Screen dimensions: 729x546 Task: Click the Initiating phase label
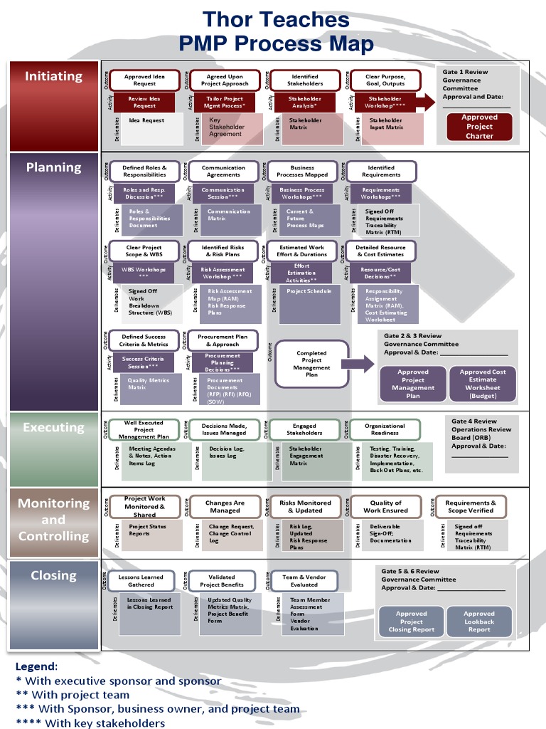coord(53,76)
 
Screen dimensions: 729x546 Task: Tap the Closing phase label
coord(53,575)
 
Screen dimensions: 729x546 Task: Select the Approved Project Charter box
coord(479,127)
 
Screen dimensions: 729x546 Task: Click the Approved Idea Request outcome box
coord(144,80)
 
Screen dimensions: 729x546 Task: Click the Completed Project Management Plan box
coord(311,364)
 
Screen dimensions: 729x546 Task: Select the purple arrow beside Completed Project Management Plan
coord(363,364)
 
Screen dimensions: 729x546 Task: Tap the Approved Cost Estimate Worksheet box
coord(483,384)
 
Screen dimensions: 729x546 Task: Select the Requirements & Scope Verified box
coord(471,507)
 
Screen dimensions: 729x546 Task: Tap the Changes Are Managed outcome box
coord(225,507)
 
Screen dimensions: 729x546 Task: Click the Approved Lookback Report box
coord(478,622)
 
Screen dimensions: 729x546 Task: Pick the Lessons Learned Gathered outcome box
coord(144,581)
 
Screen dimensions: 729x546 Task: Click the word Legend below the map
coord(36,666)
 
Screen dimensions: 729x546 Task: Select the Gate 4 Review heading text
coord(474,421)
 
